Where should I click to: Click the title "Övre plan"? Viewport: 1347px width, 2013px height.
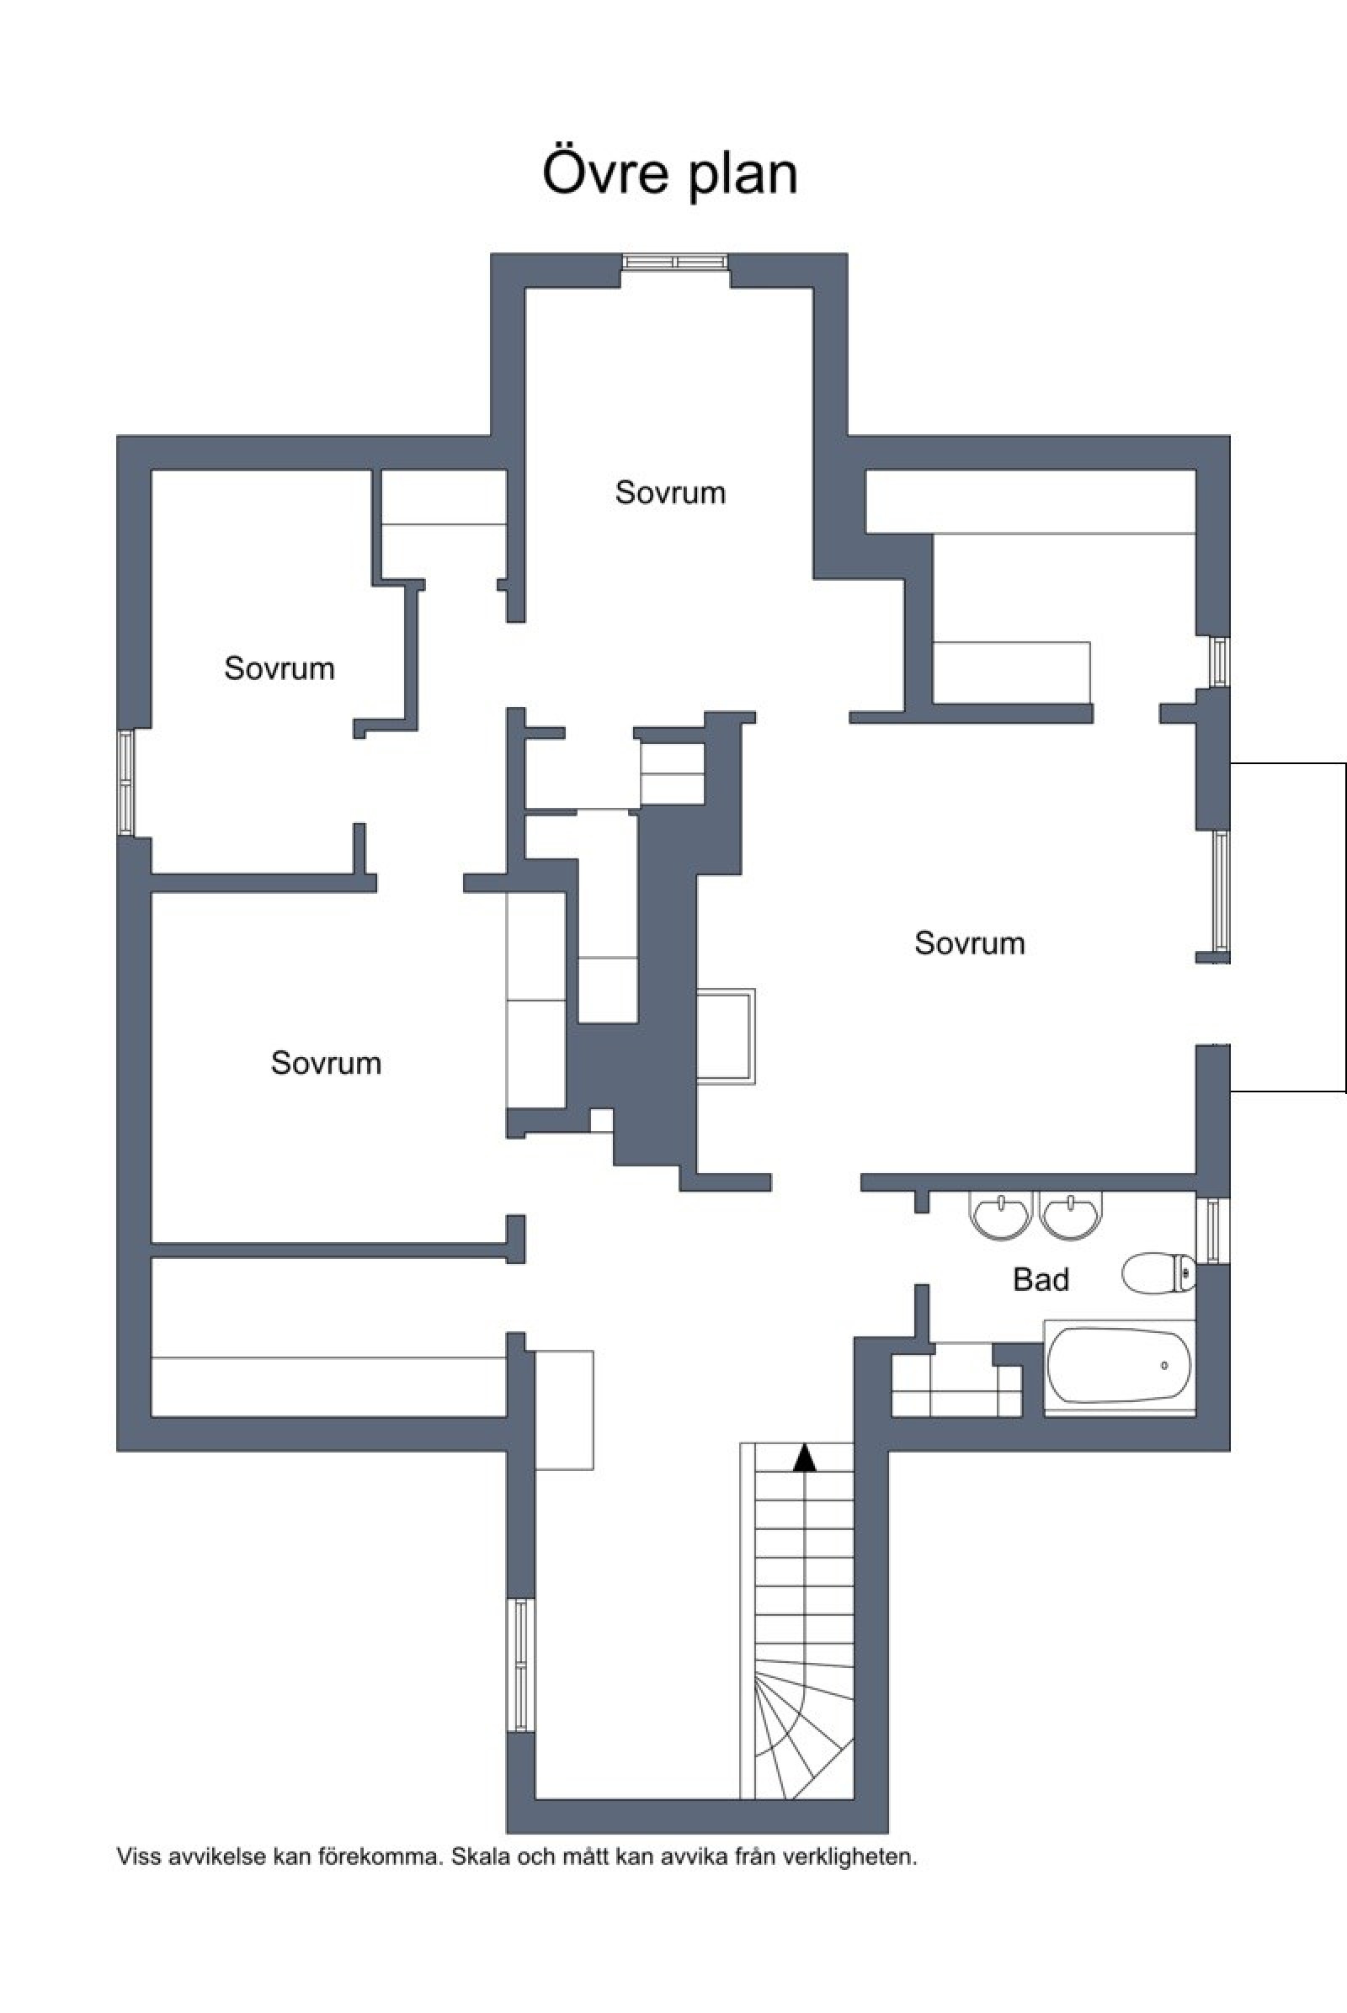pos(670,175)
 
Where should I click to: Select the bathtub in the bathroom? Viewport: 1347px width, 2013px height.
pos(1120,1367)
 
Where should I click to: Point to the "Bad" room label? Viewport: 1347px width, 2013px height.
pos(1041,1280)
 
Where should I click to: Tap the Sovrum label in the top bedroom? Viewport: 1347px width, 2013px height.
pos(670,492)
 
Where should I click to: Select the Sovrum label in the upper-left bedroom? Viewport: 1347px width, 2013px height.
pos(280,668)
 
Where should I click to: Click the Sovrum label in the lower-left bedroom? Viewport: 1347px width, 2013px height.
pos(327,1062)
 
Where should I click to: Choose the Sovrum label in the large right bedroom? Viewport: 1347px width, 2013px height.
pos(970,943)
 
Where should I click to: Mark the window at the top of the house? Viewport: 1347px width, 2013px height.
pos(675,262)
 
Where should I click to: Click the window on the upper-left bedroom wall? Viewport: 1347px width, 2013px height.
pos(125,782)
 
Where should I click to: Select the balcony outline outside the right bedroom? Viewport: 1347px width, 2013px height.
pos(1345,927)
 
